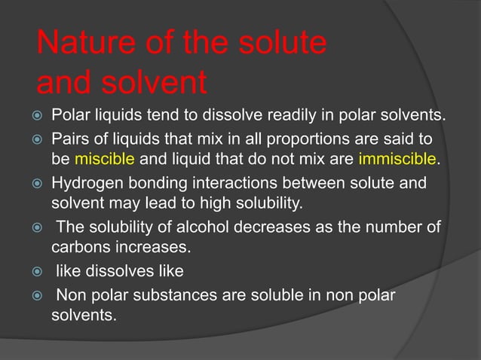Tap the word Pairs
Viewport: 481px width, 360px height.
point(69,140)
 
